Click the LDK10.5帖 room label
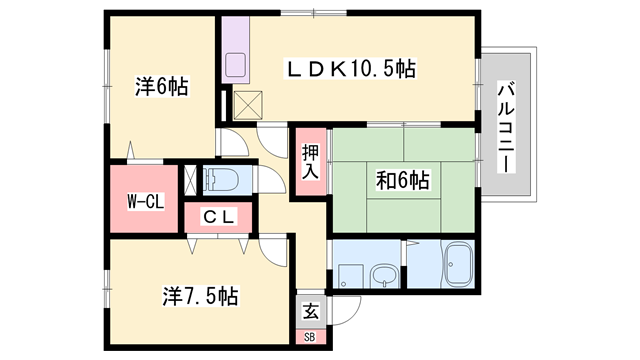pos(351,68)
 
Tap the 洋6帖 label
pos(161,87)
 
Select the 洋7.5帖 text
pos(200,296)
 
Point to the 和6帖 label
pos(403,181)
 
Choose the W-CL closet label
pos(146,201)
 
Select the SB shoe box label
pos(309,337)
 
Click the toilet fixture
pos(221,181)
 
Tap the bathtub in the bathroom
pos(460,265)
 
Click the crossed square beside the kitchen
pos(248,104)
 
